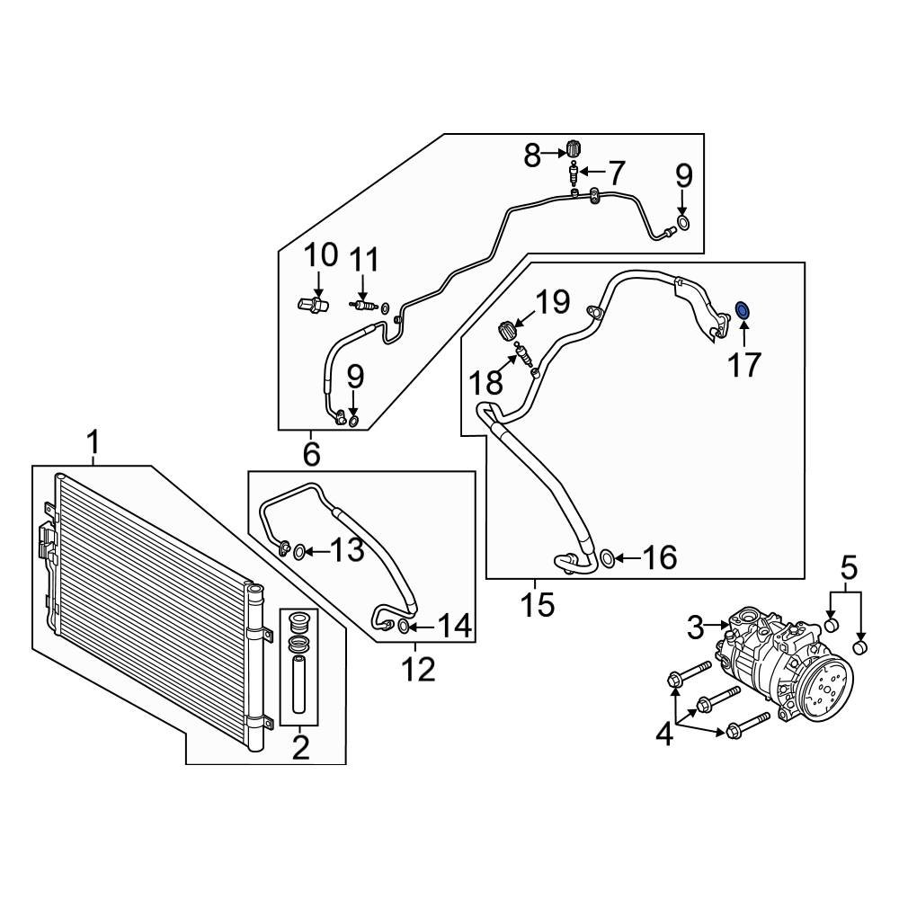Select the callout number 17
click(744, 364)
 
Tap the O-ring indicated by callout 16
click(608, 559)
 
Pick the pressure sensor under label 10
click(310, 306)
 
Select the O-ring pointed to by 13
click(300, 549)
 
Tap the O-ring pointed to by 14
click(404, 626)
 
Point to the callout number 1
click(93, 442)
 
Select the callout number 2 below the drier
click(299, 745)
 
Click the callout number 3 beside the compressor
click(696, 627)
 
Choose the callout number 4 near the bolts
click(663, 734)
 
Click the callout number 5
click(849, 567)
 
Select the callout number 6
click(311, 454)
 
